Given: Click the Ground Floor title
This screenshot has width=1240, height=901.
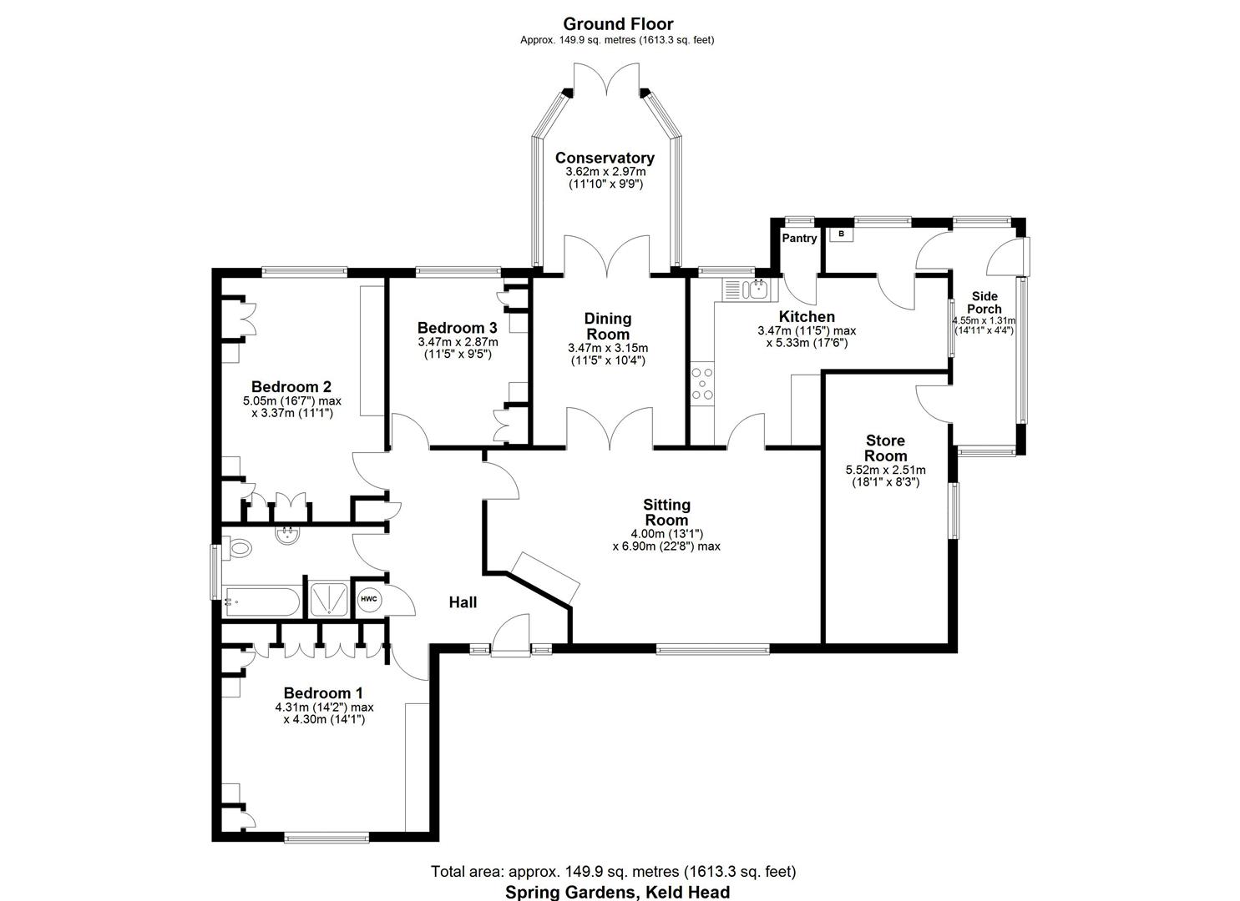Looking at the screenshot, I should point(617,23).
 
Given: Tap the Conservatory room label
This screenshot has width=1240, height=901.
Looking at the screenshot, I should point(605,158).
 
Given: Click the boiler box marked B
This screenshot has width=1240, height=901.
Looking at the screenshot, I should point(842,234).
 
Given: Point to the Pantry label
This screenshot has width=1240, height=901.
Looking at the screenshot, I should point(799,239).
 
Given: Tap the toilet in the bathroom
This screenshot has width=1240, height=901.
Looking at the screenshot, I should point(238,549).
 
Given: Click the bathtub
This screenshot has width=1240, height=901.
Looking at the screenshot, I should point(261,602).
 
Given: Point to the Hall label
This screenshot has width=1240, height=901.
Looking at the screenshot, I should point(463,602).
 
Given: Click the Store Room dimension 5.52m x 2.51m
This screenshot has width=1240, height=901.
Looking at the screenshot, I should point(885,471).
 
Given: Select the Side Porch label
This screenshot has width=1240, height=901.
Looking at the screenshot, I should point(984,302).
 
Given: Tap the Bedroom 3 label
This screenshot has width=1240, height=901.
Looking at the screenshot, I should point(458,328).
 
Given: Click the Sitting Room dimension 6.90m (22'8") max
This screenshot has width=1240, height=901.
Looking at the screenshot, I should point(666,546).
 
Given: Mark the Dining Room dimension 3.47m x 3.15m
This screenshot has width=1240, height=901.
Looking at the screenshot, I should point(608,348).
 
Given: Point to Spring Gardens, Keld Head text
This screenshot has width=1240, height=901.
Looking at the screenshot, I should point(617,892).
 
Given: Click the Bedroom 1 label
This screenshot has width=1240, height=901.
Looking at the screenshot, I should point(323,692).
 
